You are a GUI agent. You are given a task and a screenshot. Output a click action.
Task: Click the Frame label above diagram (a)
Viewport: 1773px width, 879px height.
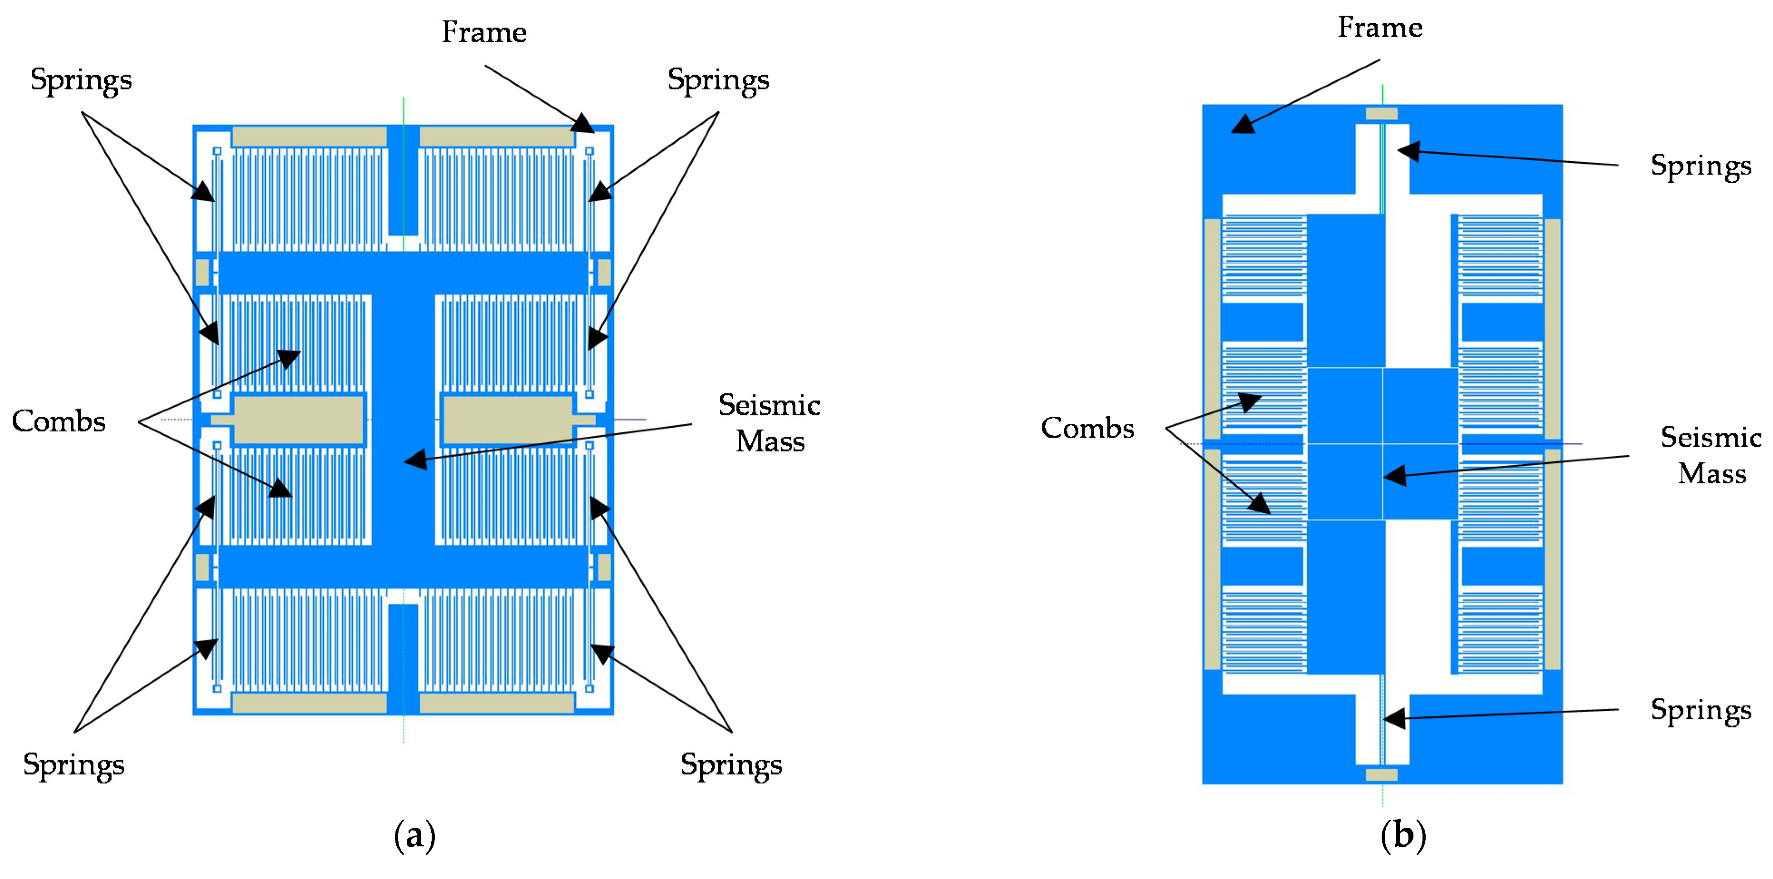(x=484, y=32)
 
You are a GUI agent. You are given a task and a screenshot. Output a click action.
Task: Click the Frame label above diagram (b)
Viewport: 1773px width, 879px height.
(x=1379, y=28)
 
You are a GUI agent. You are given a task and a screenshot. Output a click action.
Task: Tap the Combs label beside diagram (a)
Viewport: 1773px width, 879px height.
(x=58, y=421)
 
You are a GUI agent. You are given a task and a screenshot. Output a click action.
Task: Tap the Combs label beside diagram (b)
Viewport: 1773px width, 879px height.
(x=1087, y=428)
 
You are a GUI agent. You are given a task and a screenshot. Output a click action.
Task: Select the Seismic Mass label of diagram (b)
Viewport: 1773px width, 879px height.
(x=1711, y=455)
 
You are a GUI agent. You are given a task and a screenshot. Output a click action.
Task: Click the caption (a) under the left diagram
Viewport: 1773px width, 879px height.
(x=414, y=835)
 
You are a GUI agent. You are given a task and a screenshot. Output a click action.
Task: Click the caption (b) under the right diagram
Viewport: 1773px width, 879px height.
(x=1403, y=835)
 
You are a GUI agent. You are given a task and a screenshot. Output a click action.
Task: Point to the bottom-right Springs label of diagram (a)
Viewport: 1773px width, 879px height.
(x=731, y=765)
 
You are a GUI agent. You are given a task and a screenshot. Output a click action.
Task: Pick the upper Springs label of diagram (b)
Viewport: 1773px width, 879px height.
(x=1701, y=166)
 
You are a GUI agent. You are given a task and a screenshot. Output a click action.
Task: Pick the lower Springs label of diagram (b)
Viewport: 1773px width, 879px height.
(x=1701, y=710)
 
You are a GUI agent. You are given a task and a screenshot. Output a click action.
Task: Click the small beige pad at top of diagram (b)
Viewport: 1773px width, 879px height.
(x=1381, y=113)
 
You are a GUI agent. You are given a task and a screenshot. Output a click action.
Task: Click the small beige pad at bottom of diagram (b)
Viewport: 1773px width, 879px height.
(x=1381, y=774)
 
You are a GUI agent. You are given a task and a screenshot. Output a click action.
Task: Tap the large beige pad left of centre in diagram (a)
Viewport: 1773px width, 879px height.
(x=298, y=419)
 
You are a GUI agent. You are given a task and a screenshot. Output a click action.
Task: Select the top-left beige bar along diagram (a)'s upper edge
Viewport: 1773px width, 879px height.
(x=309, y=136)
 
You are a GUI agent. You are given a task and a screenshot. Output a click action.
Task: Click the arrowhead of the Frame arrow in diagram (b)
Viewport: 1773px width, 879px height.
(x=1242, y=126)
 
